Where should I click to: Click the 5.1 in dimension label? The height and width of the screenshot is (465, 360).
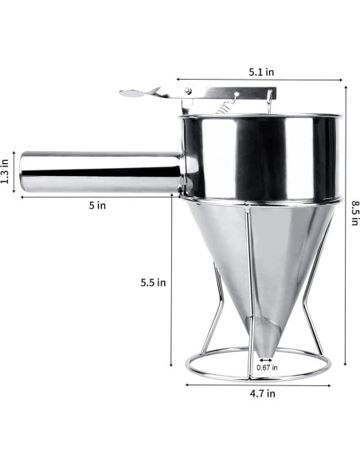click(260, 72)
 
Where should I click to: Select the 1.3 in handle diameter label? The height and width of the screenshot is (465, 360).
click(6, 170)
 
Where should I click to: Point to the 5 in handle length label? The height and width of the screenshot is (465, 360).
click(96, 205)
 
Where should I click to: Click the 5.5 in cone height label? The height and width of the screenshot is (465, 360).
click(152, 282)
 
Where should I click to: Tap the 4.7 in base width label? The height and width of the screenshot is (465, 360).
click(260, 393)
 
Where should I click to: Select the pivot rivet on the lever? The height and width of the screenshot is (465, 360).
click(189, 93)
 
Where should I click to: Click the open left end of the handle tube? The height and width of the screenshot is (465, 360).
click(25, 171)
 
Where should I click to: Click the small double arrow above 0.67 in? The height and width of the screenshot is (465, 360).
click(265, 359)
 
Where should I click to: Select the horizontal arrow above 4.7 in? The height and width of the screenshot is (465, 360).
click(258, 384)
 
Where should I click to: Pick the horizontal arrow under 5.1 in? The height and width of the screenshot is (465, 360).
click(260, 80)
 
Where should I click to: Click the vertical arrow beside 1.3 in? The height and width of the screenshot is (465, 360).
click(16, 170)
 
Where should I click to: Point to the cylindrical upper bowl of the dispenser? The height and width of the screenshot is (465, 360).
click(263, 155)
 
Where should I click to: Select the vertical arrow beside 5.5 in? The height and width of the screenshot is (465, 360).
click(172, 283)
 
